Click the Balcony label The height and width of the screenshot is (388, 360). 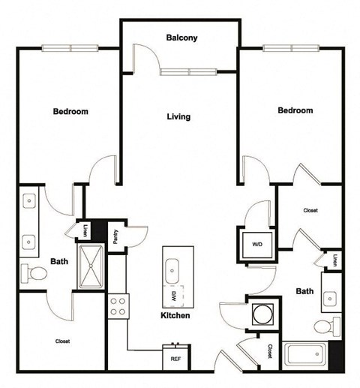point(181,38)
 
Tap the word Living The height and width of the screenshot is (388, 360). point(178,116)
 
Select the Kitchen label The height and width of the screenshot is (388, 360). point(174,316)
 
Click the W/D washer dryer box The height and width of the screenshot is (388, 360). point(256,244)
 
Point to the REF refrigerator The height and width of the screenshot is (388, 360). point(176,357)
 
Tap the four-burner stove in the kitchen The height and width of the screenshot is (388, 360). point(118,306)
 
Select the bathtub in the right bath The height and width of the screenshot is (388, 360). point(305,353)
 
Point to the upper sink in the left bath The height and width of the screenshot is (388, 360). point(29,202)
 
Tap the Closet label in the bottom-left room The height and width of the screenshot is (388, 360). point(62,341)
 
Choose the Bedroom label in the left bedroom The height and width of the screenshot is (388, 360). point(70,112)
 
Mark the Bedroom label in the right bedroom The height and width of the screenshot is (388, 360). point(295,110)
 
